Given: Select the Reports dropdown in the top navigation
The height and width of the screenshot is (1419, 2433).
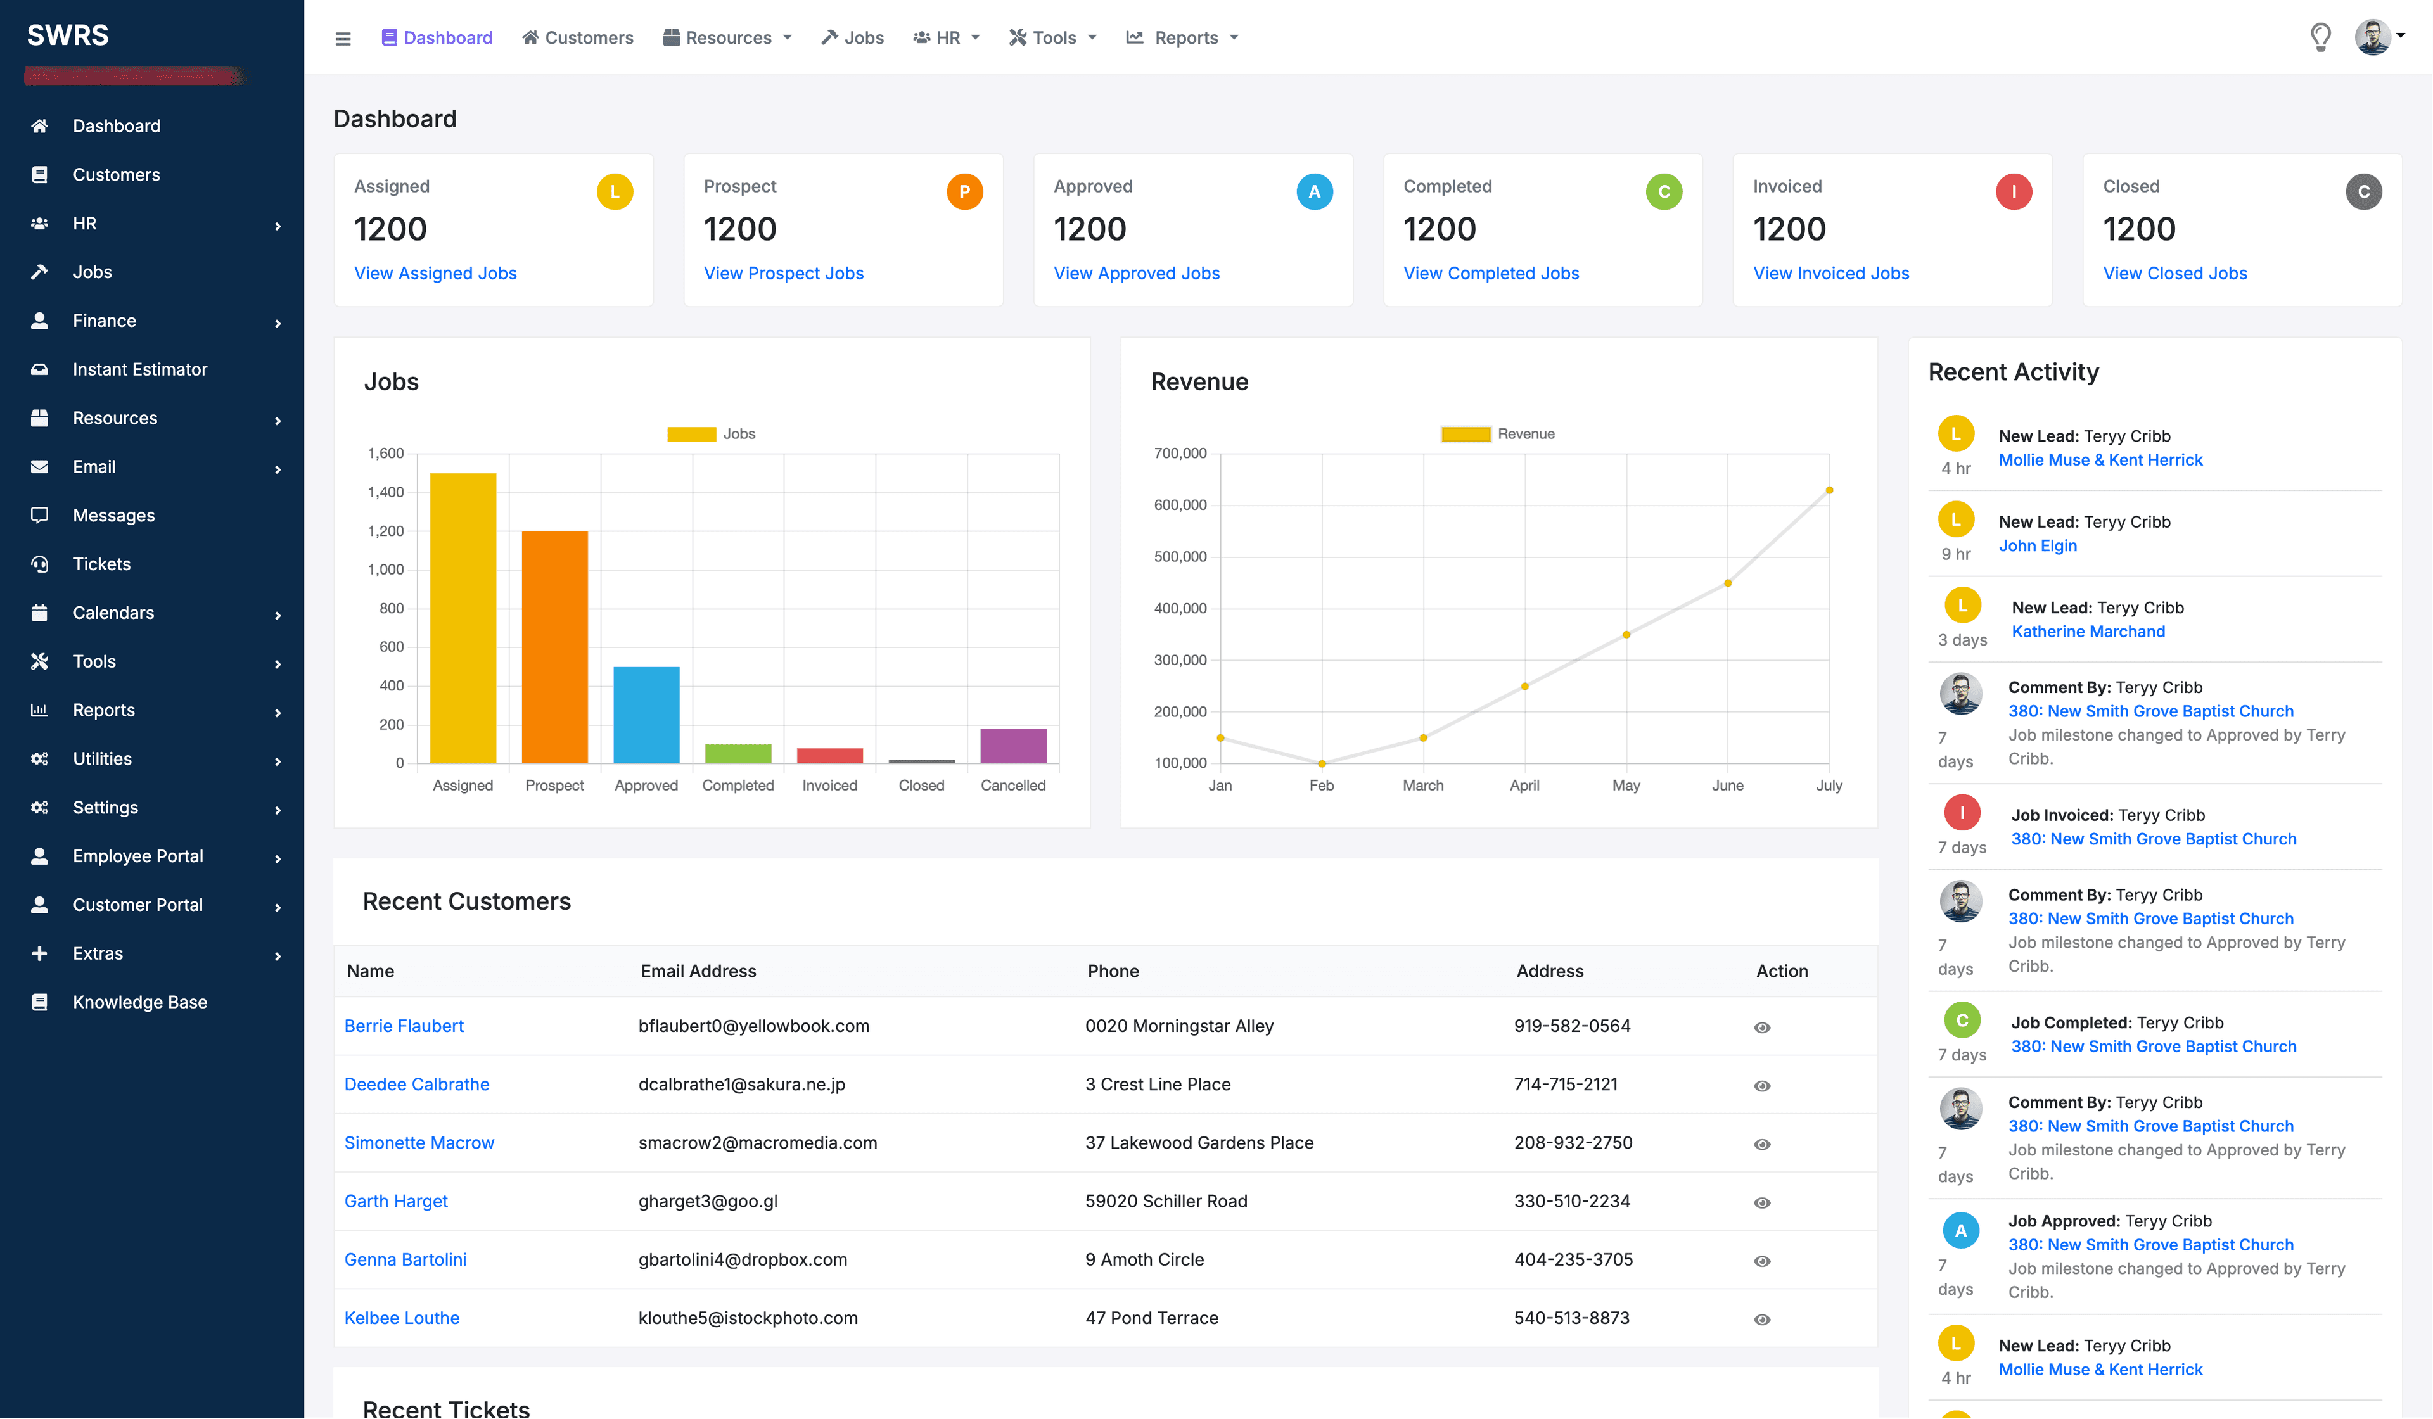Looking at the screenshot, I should coord(1184,37).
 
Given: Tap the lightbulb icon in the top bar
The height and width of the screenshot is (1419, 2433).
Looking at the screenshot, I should coord(2320,37).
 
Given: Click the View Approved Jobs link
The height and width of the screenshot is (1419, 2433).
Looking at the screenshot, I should coord(1137,273).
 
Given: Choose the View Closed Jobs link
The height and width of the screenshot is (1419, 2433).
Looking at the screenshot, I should coord(2174,273).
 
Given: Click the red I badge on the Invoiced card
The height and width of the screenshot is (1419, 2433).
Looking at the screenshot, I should coord(2013,192).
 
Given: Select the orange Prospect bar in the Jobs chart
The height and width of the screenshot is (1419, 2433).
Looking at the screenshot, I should coord(554,647).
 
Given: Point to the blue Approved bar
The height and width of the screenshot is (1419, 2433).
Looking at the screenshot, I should coord(646,715).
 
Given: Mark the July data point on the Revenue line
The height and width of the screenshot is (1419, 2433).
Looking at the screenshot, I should coord(1829,490).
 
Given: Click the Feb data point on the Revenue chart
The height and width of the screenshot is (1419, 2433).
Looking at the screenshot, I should coord(1322,763).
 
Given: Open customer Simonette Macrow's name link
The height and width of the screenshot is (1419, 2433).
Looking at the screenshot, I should coord(419,1143).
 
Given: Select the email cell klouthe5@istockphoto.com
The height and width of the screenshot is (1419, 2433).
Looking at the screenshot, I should coord(747,1318).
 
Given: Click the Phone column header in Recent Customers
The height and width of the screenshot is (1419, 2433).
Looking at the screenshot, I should coord(1112,971).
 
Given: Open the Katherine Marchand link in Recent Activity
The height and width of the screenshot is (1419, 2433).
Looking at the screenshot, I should coord(2087,632).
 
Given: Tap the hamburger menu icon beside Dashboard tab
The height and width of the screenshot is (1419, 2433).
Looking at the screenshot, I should coord(343,39).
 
